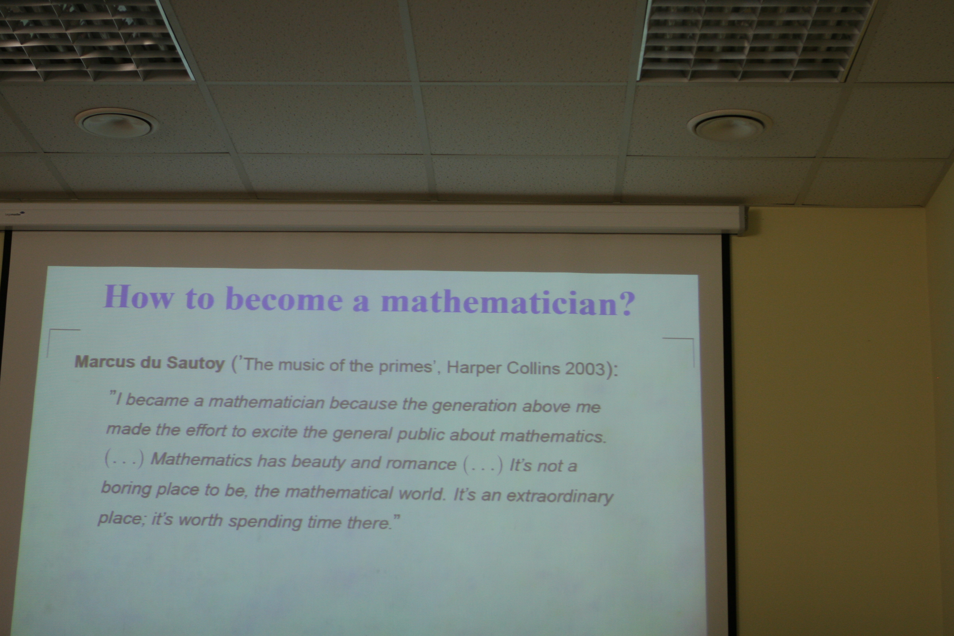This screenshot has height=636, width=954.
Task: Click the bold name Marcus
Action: point(105,361)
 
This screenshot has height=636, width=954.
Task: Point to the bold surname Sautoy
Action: point(195,363)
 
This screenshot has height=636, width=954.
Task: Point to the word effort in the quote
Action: point(206,430)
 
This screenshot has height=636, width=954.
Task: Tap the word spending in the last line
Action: point(265,521)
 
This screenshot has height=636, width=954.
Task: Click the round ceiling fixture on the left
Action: point(117,124)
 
